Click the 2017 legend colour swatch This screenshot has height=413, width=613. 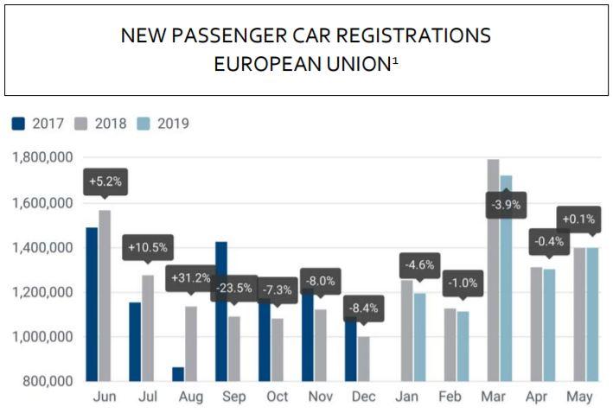19,124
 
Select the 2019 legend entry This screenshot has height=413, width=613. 161,124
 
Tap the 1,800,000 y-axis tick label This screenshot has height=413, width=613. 42,159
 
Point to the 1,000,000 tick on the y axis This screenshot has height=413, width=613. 42,337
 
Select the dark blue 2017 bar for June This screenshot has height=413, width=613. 92,302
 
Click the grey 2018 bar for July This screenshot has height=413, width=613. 147,328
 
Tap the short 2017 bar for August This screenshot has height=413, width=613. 178,374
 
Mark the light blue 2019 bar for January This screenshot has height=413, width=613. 419,337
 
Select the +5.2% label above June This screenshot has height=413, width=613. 105,183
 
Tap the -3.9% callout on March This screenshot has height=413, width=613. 500,206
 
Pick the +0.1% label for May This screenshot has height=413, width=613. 578,219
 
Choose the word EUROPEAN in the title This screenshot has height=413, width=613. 265,66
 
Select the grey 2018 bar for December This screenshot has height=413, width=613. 363,359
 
